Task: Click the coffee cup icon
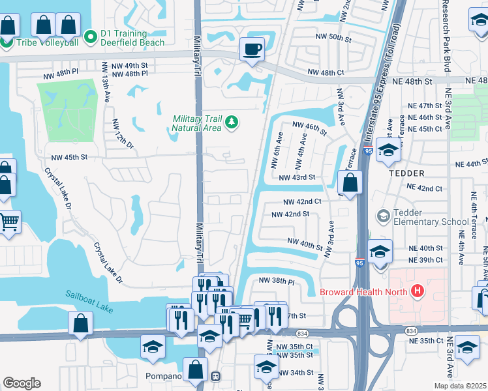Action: [252, 49]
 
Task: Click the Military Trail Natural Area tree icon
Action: [230, 123]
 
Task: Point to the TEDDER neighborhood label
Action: [406, 173]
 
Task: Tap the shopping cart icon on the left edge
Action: [8, 222]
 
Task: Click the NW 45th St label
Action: [70, 158]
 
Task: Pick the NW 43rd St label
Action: [297, 177]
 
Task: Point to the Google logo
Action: [22, 383]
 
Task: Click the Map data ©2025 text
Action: [460, 386]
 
